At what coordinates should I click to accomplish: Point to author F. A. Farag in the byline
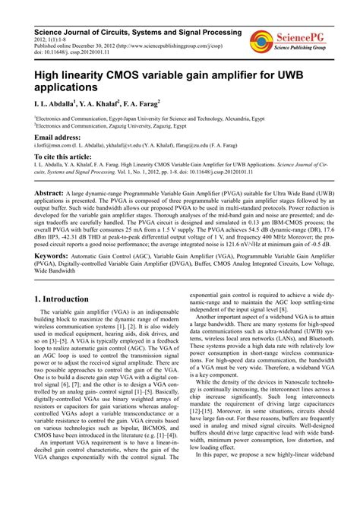(x=157, y=102)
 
